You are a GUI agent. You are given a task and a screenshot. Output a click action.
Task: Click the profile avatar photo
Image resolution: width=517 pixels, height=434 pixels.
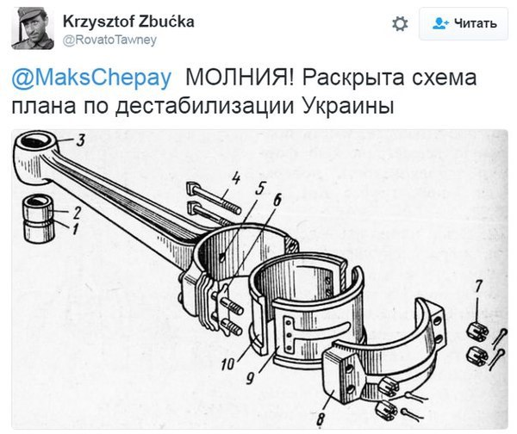pos(33,28)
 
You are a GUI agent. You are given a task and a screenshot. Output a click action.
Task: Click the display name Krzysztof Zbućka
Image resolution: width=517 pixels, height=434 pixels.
pos(128,22)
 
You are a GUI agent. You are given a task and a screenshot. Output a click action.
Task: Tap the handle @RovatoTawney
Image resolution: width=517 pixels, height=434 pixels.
pos(109,40)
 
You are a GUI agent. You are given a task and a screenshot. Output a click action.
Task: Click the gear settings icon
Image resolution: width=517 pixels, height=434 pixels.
pos(400,24)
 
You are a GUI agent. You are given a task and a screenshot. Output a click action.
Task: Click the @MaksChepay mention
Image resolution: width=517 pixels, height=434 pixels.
pos(91,77)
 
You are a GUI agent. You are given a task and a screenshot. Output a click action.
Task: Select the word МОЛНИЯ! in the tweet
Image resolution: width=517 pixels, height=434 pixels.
pos(240,77)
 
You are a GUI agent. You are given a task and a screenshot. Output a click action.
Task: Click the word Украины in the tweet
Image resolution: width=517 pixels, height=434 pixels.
pos(348,107)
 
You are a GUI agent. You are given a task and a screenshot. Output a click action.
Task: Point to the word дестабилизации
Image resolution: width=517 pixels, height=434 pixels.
pos(205,107)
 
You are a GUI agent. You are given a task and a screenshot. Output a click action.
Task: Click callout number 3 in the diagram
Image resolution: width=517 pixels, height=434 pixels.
pos(81,139)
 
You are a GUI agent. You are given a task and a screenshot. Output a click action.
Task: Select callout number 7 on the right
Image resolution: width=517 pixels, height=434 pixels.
pos(479,286)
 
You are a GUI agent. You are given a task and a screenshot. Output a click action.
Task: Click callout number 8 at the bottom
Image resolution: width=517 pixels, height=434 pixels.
pos(321,419)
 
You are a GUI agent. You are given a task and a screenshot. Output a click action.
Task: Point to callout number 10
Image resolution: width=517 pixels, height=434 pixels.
pos(227,364)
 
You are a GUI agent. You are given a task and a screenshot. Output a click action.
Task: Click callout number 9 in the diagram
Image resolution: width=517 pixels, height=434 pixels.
pos(250,378)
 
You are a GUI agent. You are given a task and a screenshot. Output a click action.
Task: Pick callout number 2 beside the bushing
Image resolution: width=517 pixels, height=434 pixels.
pos(77,213)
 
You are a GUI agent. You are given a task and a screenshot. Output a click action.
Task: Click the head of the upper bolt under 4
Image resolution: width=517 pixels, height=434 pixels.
pos(191,189)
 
